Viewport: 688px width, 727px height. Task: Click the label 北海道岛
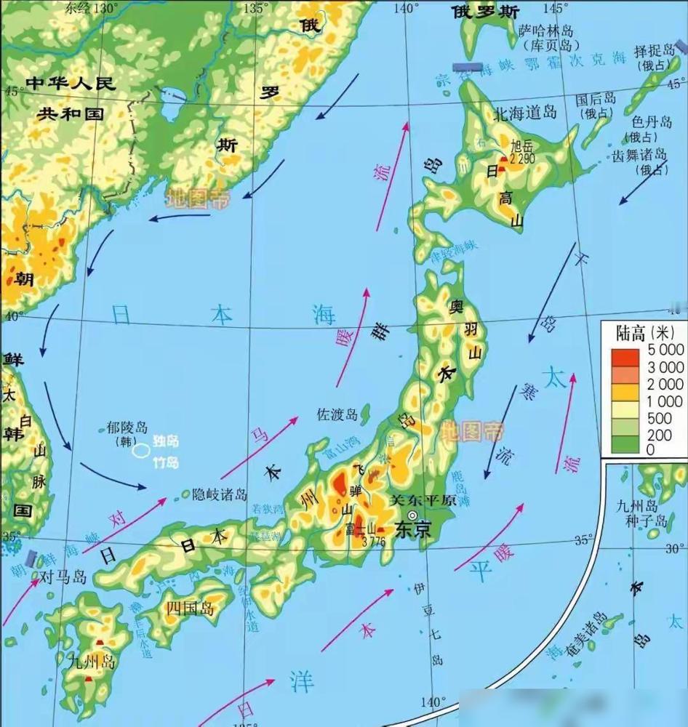click(x=524, y=113)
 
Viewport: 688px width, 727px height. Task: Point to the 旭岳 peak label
click(x=522, y=145)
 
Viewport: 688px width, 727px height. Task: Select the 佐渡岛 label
click(x=337, y=415)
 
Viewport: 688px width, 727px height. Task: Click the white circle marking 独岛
click(x=141, y=451)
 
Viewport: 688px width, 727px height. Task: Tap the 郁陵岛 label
click(x=127, y=427)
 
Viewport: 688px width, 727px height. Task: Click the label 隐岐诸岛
click(x=220, y=494)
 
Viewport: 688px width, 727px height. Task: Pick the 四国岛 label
click(x=191, y=608)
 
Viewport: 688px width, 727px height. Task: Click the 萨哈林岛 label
click(x=546, y=31)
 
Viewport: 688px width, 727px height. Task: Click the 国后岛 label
click(x=596, y=99)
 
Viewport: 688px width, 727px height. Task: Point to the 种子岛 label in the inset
click(x=651, y=521)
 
